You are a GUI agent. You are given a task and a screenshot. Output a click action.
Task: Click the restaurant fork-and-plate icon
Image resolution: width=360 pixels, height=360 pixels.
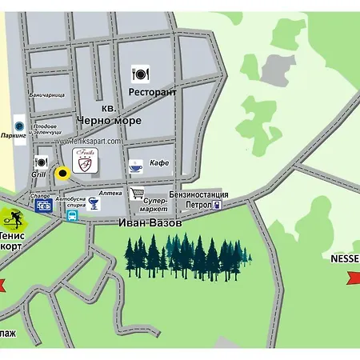140,74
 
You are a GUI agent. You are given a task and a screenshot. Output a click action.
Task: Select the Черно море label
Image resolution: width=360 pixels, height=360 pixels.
109,120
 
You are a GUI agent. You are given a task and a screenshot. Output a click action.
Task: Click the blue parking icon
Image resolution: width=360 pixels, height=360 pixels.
19,125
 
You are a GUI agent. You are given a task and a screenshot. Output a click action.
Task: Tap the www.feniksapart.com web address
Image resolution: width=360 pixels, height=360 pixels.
88,142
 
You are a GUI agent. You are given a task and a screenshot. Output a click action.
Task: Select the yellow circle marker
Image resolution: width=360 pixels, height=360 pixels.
62,172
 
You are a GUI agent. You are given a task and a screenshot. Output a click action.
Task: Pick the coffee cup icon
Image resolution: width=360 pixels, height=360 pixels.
135,166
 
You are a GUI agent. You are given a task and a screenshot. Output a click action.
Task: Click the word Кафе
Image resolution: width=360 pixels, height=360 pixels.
159,163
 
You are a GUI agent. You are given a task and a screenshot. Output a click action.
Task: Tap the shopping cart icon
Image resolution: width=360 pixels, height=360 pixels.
137,193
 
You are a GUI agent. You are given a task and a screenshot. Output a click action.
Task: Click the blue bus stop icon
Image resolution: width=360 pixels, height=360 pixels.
72,216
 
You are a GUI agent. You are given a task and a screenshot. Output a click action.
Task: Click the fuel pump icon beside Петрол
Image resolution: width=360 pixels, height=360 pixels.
218,206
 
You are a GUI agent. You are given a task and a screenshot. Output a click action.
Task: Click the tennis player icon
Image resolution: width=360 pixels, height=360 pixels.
11,217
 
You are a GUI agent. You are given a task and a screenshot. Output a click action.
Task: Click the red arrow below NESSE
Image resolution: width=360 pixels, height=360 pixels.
350,277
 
